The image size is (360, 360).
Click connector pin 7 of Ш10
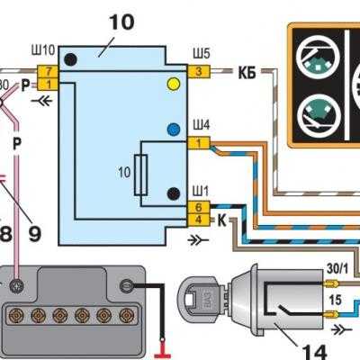tap(48, 72)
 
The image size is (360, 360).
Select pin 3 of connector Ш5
tap(199, 72)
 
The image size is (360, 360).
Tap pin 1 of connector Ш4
tap(199, 143)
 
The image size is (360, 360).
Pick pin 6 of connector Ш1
tap(199, 207)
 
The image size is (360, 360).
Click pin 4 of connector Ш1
tap(199, 220)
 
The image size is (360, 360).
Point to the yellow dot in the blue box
tap(174, 84)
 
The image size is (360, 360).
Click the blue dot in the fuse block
tap(174, 130)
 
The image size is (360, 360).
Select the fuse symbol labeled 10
tap(140, 175)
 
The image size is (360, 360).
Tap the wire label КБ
tap(247, 73)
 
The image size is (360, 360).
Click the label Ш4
tap(202, 125)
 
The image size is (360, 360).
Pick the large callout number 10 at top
tap(121, 22)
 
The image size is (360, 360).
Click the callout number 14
tap(314, 351)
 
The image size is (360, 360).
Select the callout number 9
tap(35, 234)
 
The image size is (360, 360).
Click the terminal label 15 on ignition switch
tap(335, 301)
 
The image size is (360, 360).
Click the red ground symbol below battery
tap(162, 349)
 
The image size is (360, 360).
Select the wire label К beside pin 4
tap(221, 221)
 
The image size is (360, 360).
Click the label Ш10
tap(43, 50)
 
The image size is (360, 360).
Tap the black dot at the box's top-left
tap(70, 59)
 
